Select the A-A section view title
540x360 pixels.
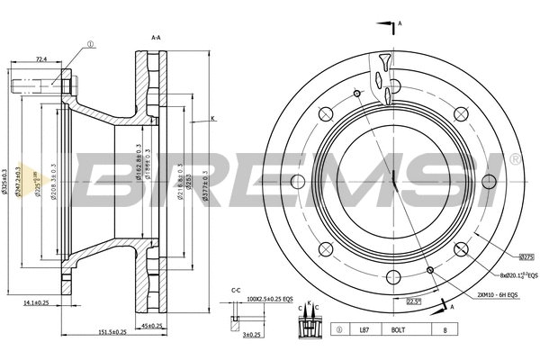tap(157, 38)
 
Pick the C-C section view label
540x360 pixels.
tap(235, 290)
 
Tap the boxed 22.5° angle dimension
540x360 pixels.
tap(414, 301)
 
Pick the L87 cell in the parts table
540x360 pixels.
tap(364, 331)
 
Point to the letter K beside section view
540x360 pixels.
tap(213, 119)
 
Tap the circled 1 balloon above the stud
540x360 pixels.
tap(90, 42)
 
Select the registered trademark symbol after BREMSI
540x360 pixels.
tap(513, 158)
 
